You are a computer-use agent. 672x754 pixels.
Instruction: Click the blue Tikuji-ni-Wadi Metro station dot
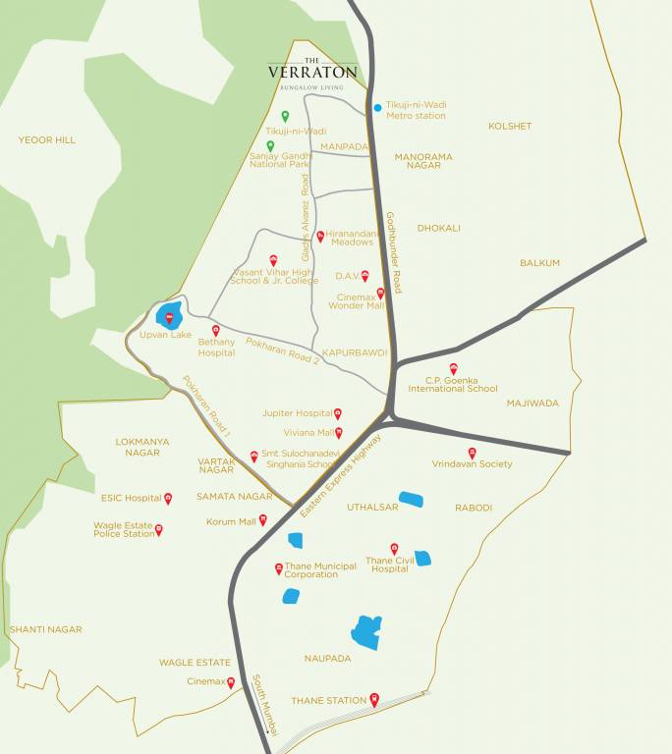coord(377,108)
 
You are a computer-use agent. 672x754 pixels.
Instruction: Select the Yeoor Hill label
coord(46,140)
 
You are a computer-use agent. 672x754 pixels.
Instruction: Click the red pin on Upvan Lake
coord(169,316)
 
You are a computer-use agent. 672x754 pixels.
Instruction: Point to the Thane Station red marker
coord(374,699)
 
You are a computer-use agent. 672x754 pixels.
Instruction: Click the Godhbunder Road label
coord(393,252)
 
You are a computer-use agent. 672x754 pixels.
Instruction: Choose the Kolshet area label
coord(510,126)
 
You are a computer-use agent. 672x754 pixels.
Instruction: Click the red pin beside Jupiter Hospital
coord(338,413)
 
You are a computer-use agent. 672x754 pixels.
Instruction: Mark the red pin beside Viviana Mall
coord(339,432)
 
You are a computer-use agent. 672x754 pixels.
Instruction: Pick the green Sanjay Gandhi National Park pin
coord(270,145)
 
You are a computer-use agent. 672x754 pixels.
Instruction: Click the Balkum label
coord(539,263)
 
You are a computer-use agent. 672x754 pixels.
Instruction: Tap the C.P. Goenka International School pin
coord(453,368)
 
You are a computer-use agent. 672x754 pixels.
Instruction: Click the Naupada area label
coord(327,659)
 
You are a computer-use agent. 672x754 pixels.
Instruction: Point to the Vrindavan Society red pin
coord(472,453)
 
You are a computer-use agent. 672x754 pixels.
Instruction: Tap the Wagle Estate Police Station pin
coord(159,529)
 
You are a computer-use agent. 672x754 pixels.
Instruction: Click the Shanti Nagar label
coord(45,629)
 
